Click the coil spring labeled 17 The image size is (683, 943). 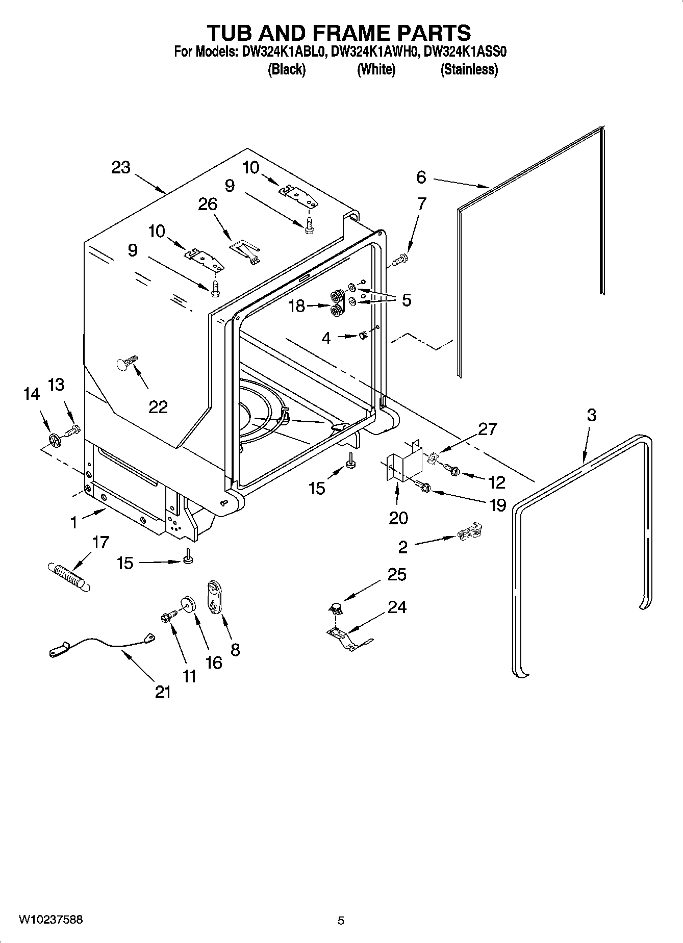(69, 576)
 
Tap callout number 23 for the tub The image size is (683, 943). (121, 168)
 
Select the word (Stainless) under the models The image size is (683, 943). (469, 69)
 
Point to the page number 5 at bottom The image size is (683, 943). (341, 921)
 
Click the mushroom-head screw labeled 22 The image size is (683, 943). (127, 362)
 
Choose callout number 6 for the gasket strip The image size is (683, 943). (421, 177)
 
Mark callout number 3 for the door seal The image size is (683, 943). (591, 415)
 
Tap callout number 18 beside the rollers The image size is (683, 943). (296, 306)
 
